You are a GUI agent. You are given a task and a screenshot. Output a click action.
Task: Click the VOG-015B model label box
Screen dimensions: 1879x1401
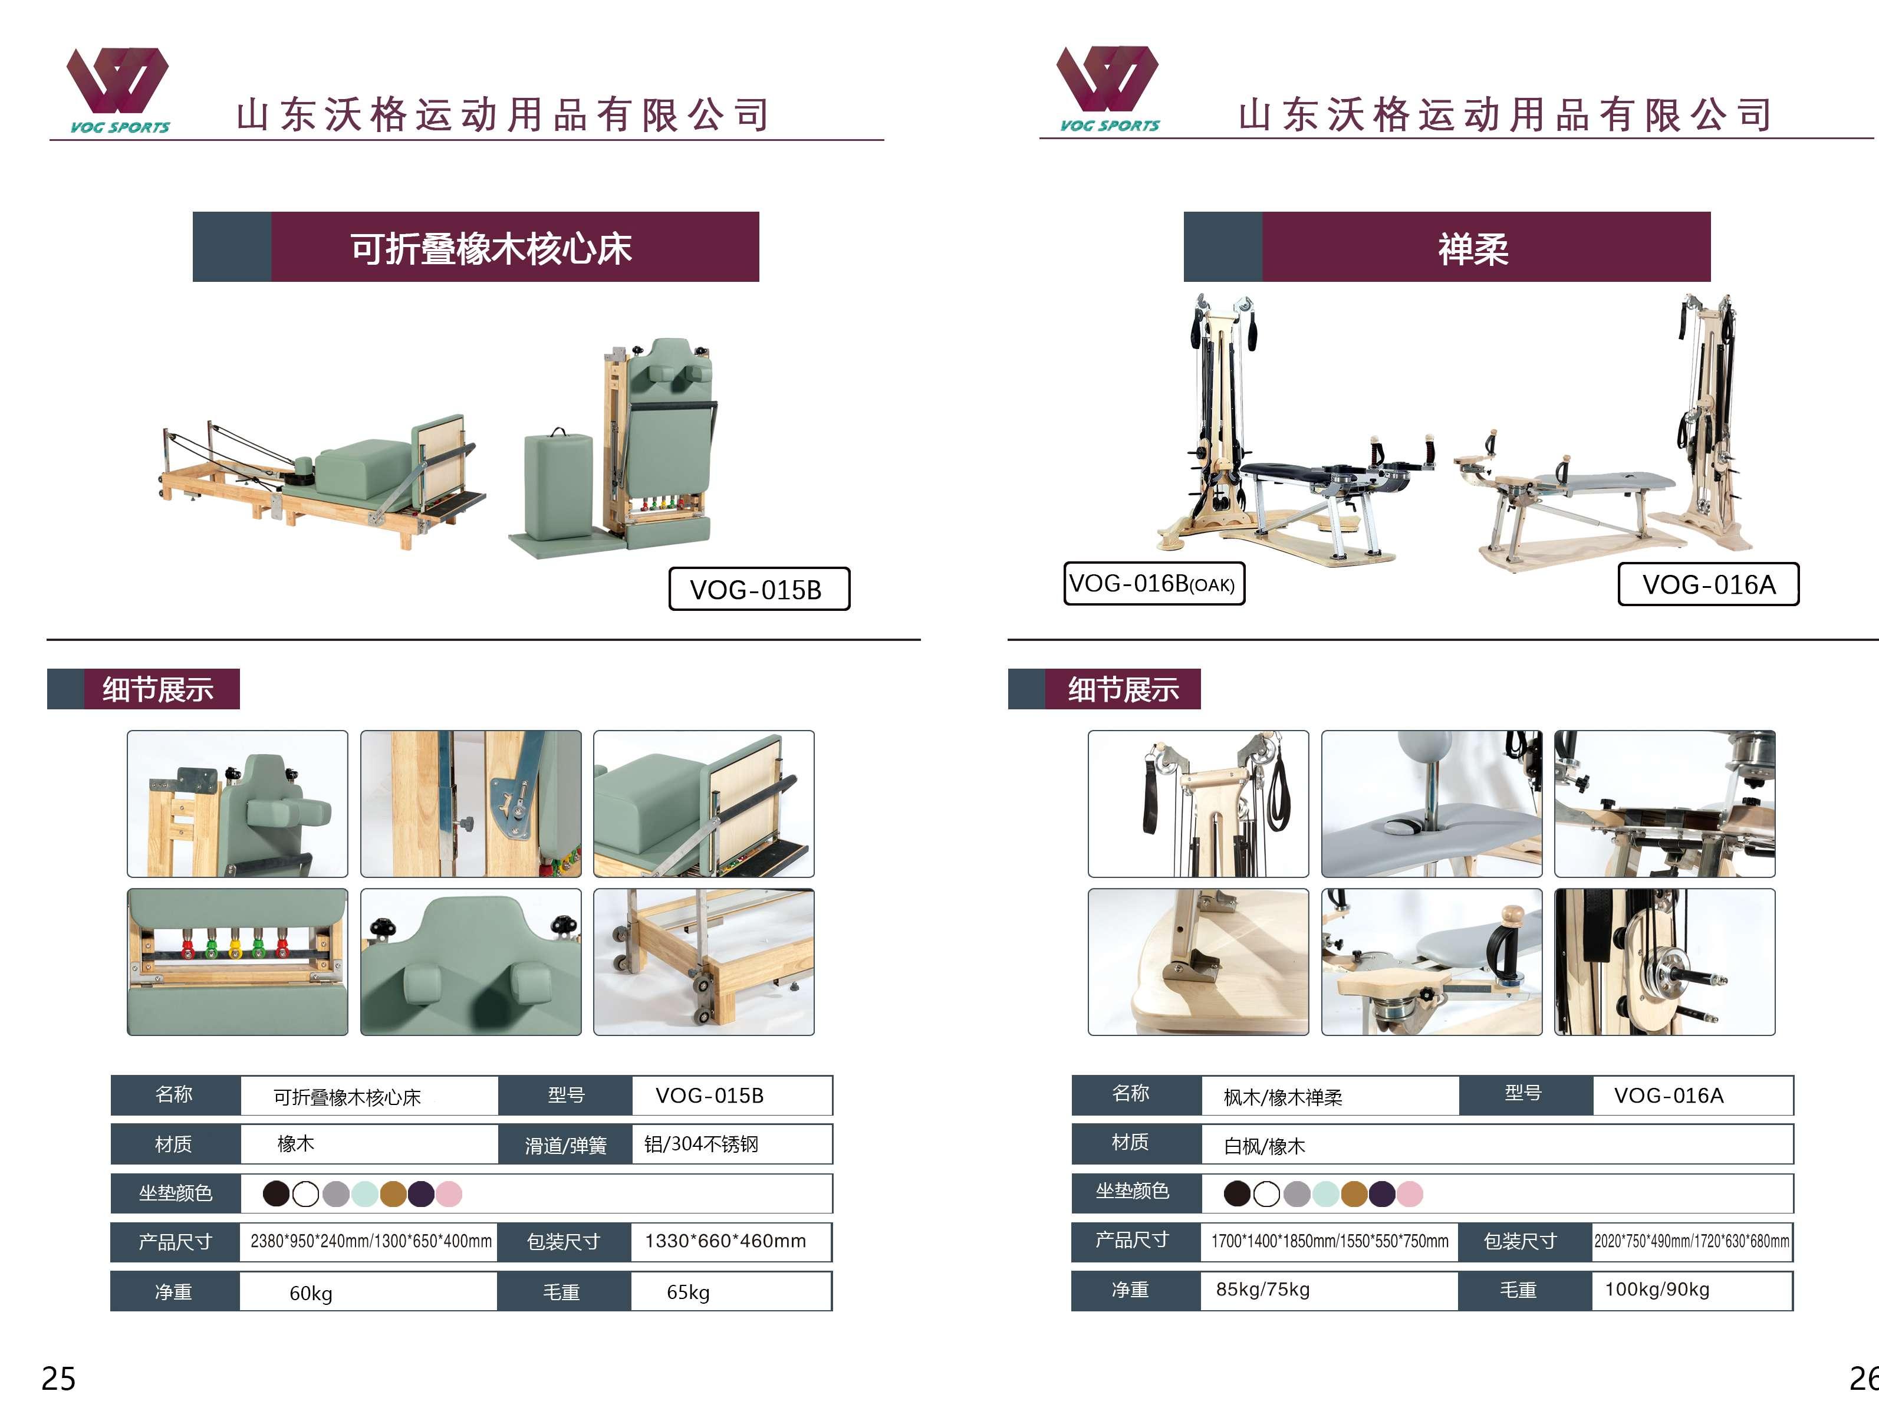(758, 588)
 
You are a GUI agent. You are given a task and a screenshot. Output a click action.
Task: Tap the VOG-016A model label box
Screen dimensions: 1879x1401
(1707, 584)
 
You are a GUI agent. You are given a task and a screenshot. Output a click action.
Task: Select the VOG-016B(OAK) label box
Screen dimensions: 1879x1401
(1153, 584)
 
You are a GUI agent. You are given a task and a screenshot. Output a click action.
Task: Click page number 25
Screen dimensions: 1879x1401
(58, 1378)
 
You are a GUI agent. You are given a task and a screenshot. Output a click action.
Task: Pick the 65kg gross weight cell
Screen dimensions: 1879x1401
(687, 1291)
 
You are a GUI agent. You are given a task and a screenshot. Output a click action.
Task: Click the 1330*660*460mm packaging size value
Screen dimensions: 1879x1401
(725, 1241)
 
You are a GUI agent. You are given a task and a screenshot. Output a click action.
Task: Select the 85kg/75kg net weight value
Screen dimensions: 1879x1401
(1262, 1289)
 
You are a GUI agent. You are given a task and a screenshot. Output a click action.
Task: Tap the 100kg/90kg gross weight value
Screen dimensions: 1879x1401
(1657, 1289)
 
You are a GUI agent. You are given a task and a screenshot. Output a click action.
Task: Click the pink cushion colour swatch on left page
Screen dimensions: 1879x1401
(449, 1194)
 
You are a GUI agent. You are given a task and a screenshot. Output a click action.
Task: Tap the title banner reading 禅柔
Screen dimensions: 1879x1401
(1473, 248)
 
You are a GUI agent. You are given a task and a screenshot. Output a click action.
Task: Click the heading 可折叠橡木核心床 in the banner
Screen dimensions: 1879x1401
(491, 248)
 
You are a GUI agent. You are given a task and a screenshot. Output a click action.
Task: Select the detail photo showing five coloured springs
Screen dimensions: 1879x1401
(238, 962)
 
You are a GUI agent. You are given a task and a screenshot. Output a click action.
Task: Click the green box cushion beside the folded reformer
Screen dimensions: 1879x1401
(558, 484)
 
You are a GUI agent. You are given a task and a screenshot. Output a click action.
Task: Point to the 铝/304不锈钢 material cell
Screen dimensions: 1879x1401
(701, 1144)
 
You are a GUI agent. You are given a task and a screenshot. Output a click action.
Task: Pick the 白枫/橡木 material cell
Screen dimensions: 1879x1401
(1264, 1146)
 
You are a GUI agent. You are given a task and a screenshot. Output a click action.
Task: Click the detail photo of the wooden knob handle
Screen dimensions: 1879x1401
(1432, 962)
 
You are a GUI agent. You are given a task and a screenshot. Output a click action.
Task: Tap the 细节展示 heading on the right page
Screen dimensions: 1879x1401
(1123, 689)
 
